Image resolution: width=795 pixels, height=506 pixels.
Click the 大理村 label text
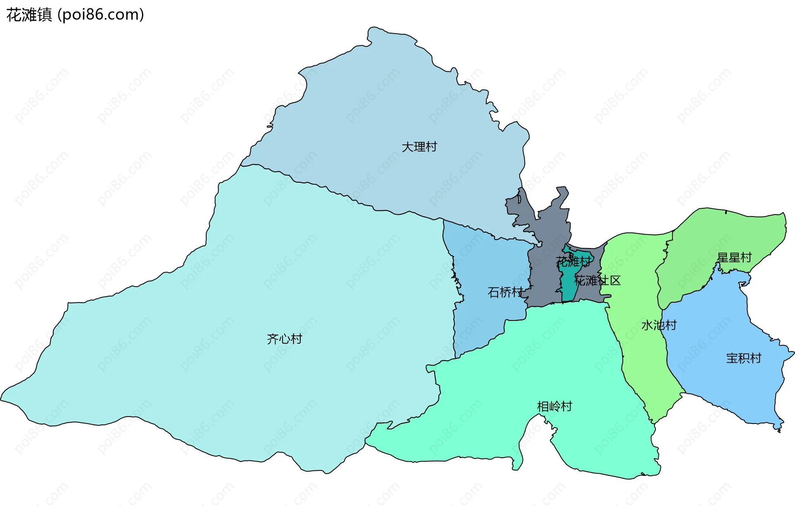419,147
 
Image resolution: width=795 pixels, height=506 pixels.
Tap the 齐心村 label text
284,339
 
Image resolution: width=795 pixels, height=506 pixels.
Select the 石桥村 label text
505,292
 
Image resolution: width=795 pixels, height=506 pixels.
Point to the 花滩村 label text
573,262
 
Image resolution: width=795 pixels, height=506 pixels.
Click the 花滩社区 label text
597,281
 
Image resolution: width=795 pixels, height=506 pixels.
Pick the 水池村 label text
659,325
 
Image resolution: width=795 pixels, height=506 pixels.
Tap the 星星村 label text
734,258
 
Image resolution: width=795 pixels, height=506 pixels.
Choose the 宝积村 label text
744,358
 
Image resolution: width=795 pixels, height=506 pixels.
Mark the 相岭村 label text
554,406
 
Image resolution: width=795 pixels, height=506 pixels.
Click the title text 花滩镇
29,15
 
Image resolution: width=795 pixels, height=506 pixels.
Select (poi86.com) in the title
101,15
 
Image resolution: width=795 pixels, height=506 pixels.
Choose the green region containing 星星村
704,240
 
